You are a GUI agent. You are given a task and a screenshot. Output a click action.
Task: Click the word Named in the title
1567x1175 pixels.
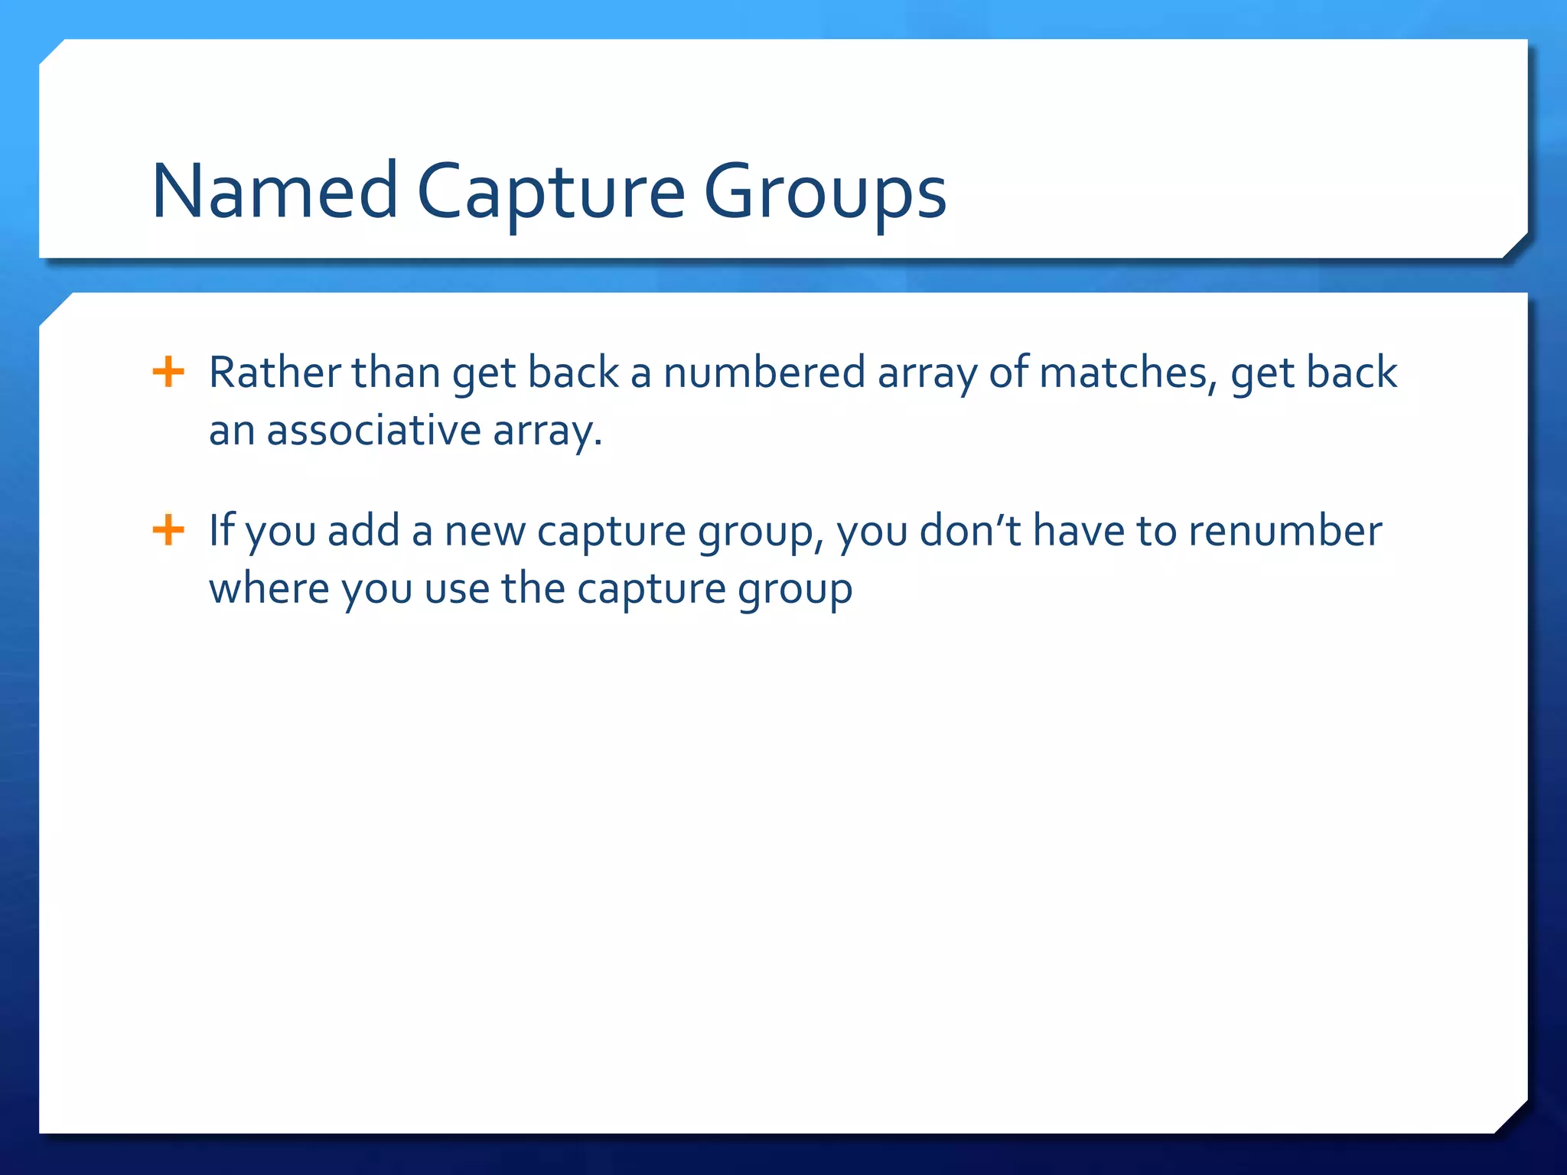point(275,191)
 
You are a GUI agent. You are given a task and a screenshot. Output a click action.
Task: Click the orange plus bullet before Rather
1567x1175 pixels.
point(168,373)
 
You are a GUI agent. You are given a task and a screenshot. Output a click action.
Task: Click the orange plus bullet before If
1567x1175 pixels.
point(168,530)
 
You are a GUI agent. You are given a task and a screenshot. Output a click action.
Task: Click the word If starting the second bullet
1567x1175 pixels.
point(222,530)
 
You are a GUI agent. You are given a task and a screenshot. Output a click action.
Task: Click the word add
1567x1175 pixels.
point(363,530)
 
